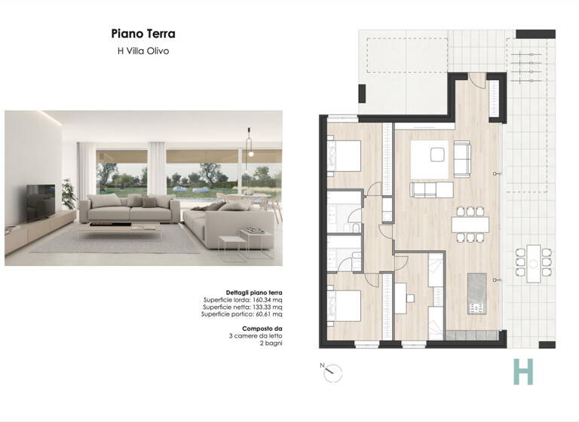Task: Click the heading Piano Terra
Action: pos(143,34)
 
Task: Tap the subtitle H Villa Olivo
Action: pos(143,51)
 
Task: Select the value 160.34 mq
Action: pos(267,300)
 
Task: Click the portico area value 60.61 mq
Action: pos(268,314)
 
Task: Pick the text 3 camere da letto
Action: pos(256,336)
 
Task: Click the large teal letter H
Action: pos(522,372)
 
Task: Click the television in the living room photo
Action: pos(40,200)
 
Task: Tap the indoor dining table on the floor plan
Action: pos(470,225)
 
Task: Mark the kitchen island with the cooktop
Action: pos(476,295)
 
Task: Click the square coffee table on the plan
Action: pos(437,154)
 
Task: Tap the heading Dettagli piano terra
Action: pos(254,292)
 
